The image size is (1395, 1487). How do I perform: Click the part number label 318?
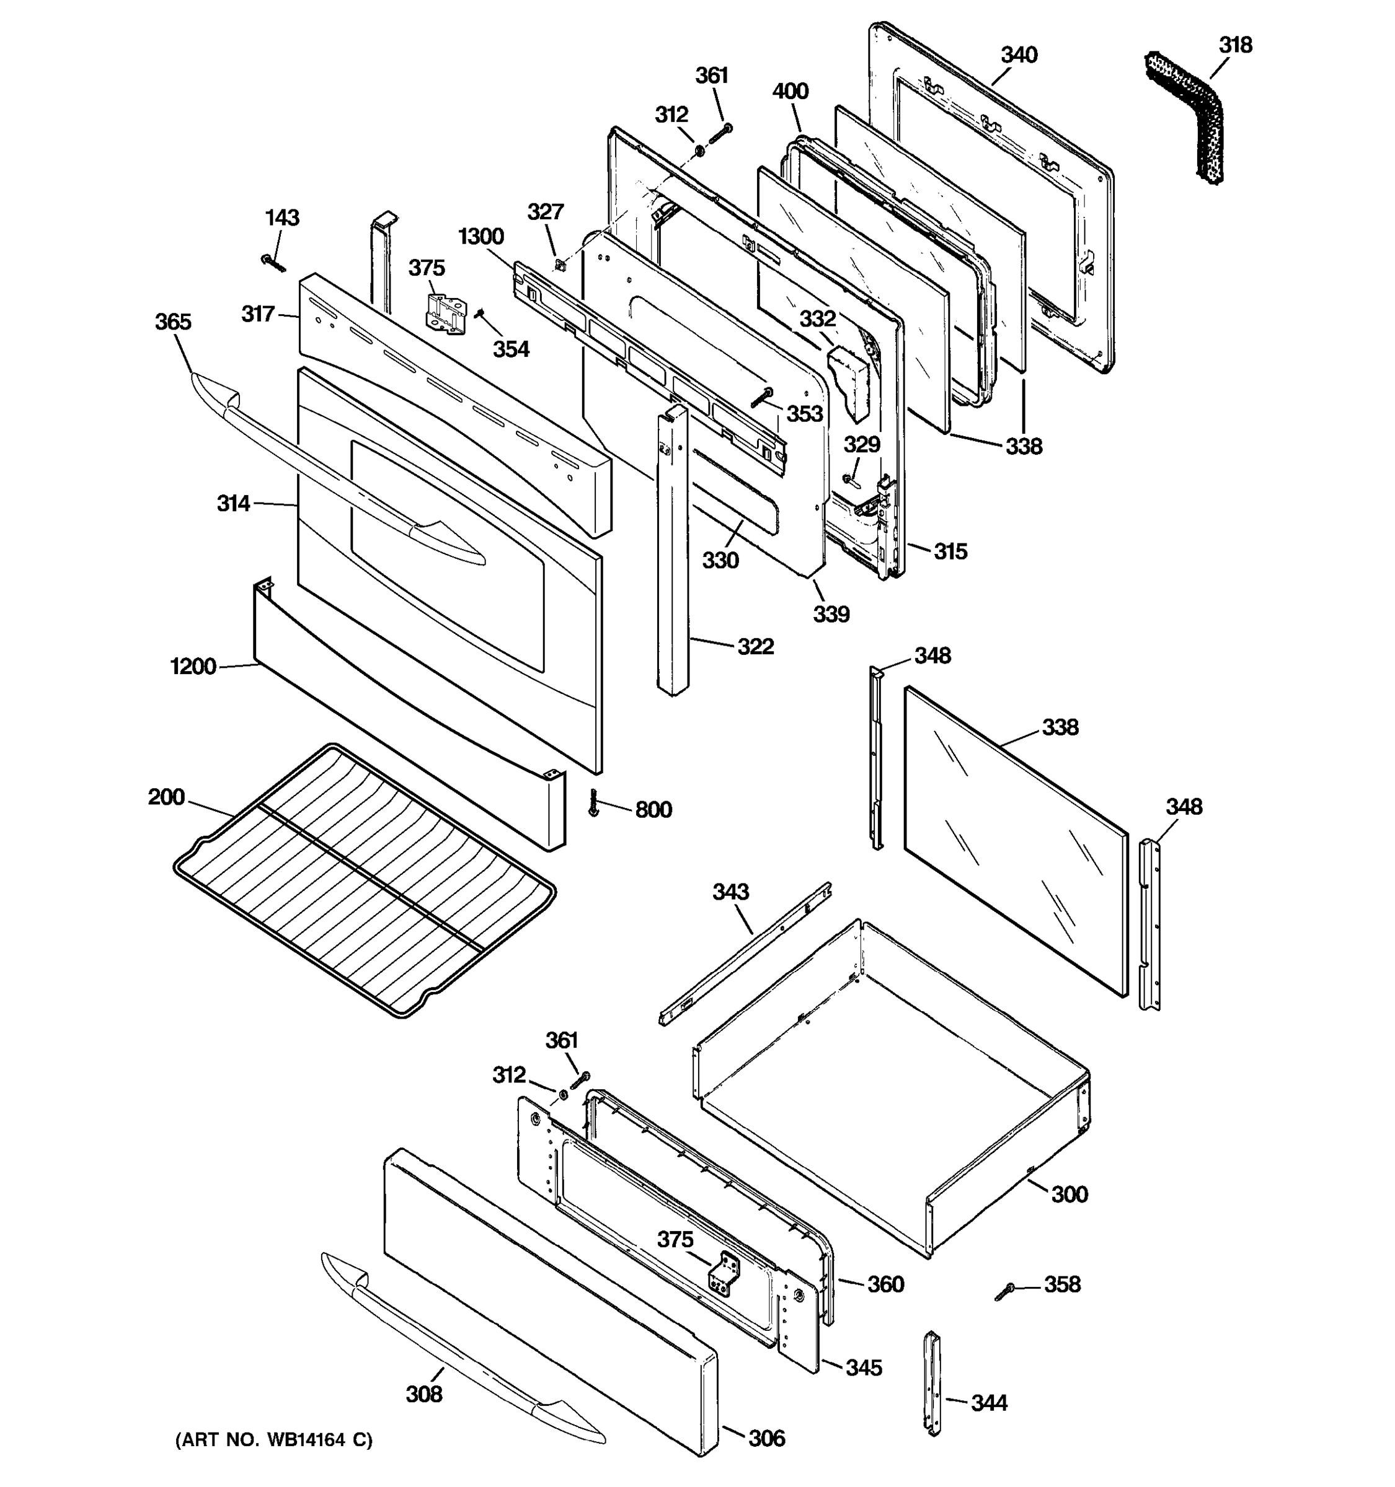click(x=1235, y=46)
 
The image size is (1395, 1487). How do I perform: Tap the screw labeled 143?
click(x=273, y=263)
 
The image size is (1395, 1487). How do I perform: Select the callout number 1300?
click(x=480, y=237)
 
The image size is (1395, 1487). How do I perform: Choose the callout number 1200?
click(x=193, y=667)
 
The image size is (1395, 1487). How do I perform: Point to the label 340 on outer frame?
click(x=1019, y=55)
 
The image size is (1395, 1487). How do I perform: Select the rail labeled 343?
click(x=745, y=954)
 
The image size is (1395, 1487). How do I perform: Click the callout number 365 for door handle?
click(x=173, y=322)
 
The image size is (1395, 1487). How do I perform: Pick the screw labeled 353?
click(x=763, y=398)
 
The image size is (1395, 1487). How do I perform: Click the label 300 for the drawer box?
click(x=1069, y=1194)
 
